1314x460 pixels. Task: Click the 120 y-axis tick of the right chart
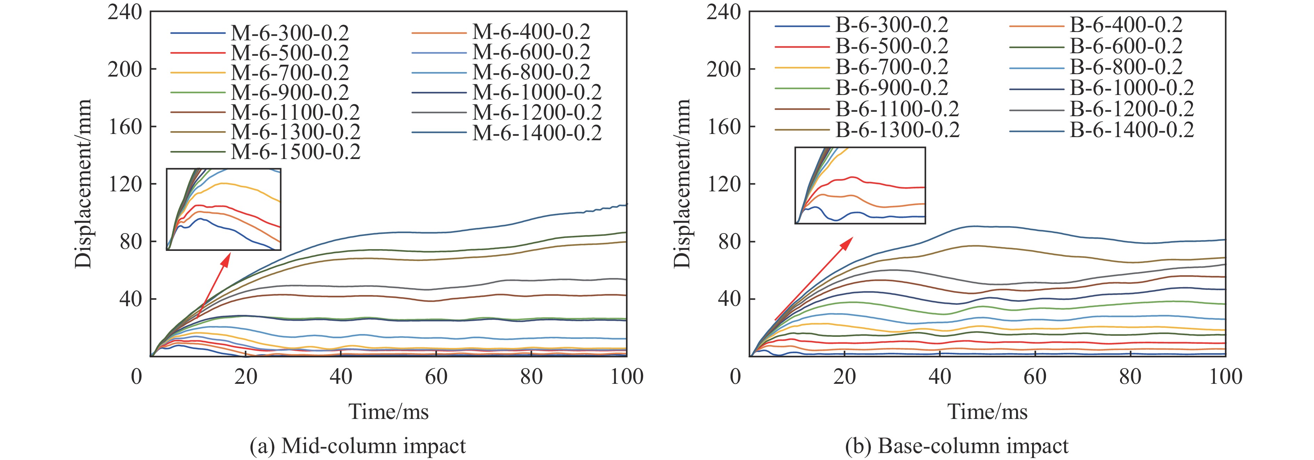pyautogui.click(x=723, y=184)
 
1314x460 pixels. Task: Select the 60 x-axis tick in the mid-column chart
pyautogui.click(x=436, y=377)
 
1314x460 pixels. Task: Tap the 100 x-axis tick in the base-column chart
pyautogui.click(x=1225, y=377)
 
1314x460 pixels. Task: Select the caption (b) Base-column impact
pyautogui.click(x=956, y=446)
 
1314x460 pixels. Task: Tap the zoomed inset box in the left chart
pyautogui.click(x=224, y=209)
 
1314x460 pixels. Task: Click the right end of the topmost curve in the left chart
pyautogui.click(x=625, y=205)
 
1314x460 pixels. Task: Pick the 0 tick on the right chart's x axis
pyautogui.click(x=735, y=377)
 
